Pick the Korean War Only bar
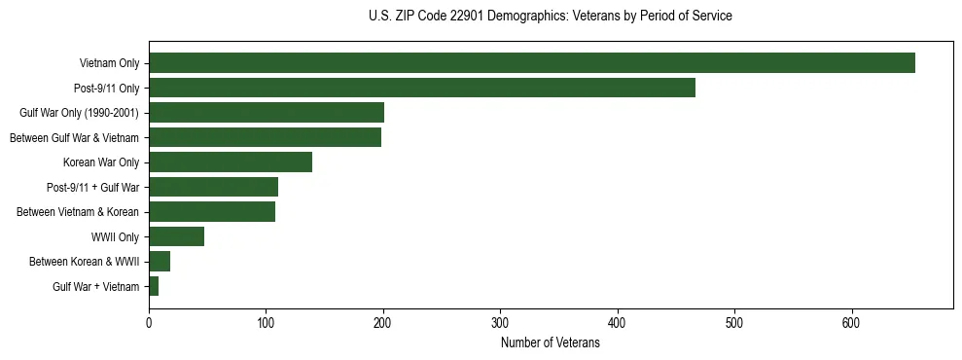coord(231,162)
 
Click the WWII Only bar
coord(176,236)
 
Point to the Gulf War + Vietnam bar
coord(154,286)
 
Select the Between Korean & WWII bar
coord(160,262)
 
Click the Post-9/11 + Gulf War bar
coord(213,187)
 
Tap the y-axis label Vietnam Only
coord(109,64)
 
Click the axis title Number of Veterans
coord(550,342)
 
